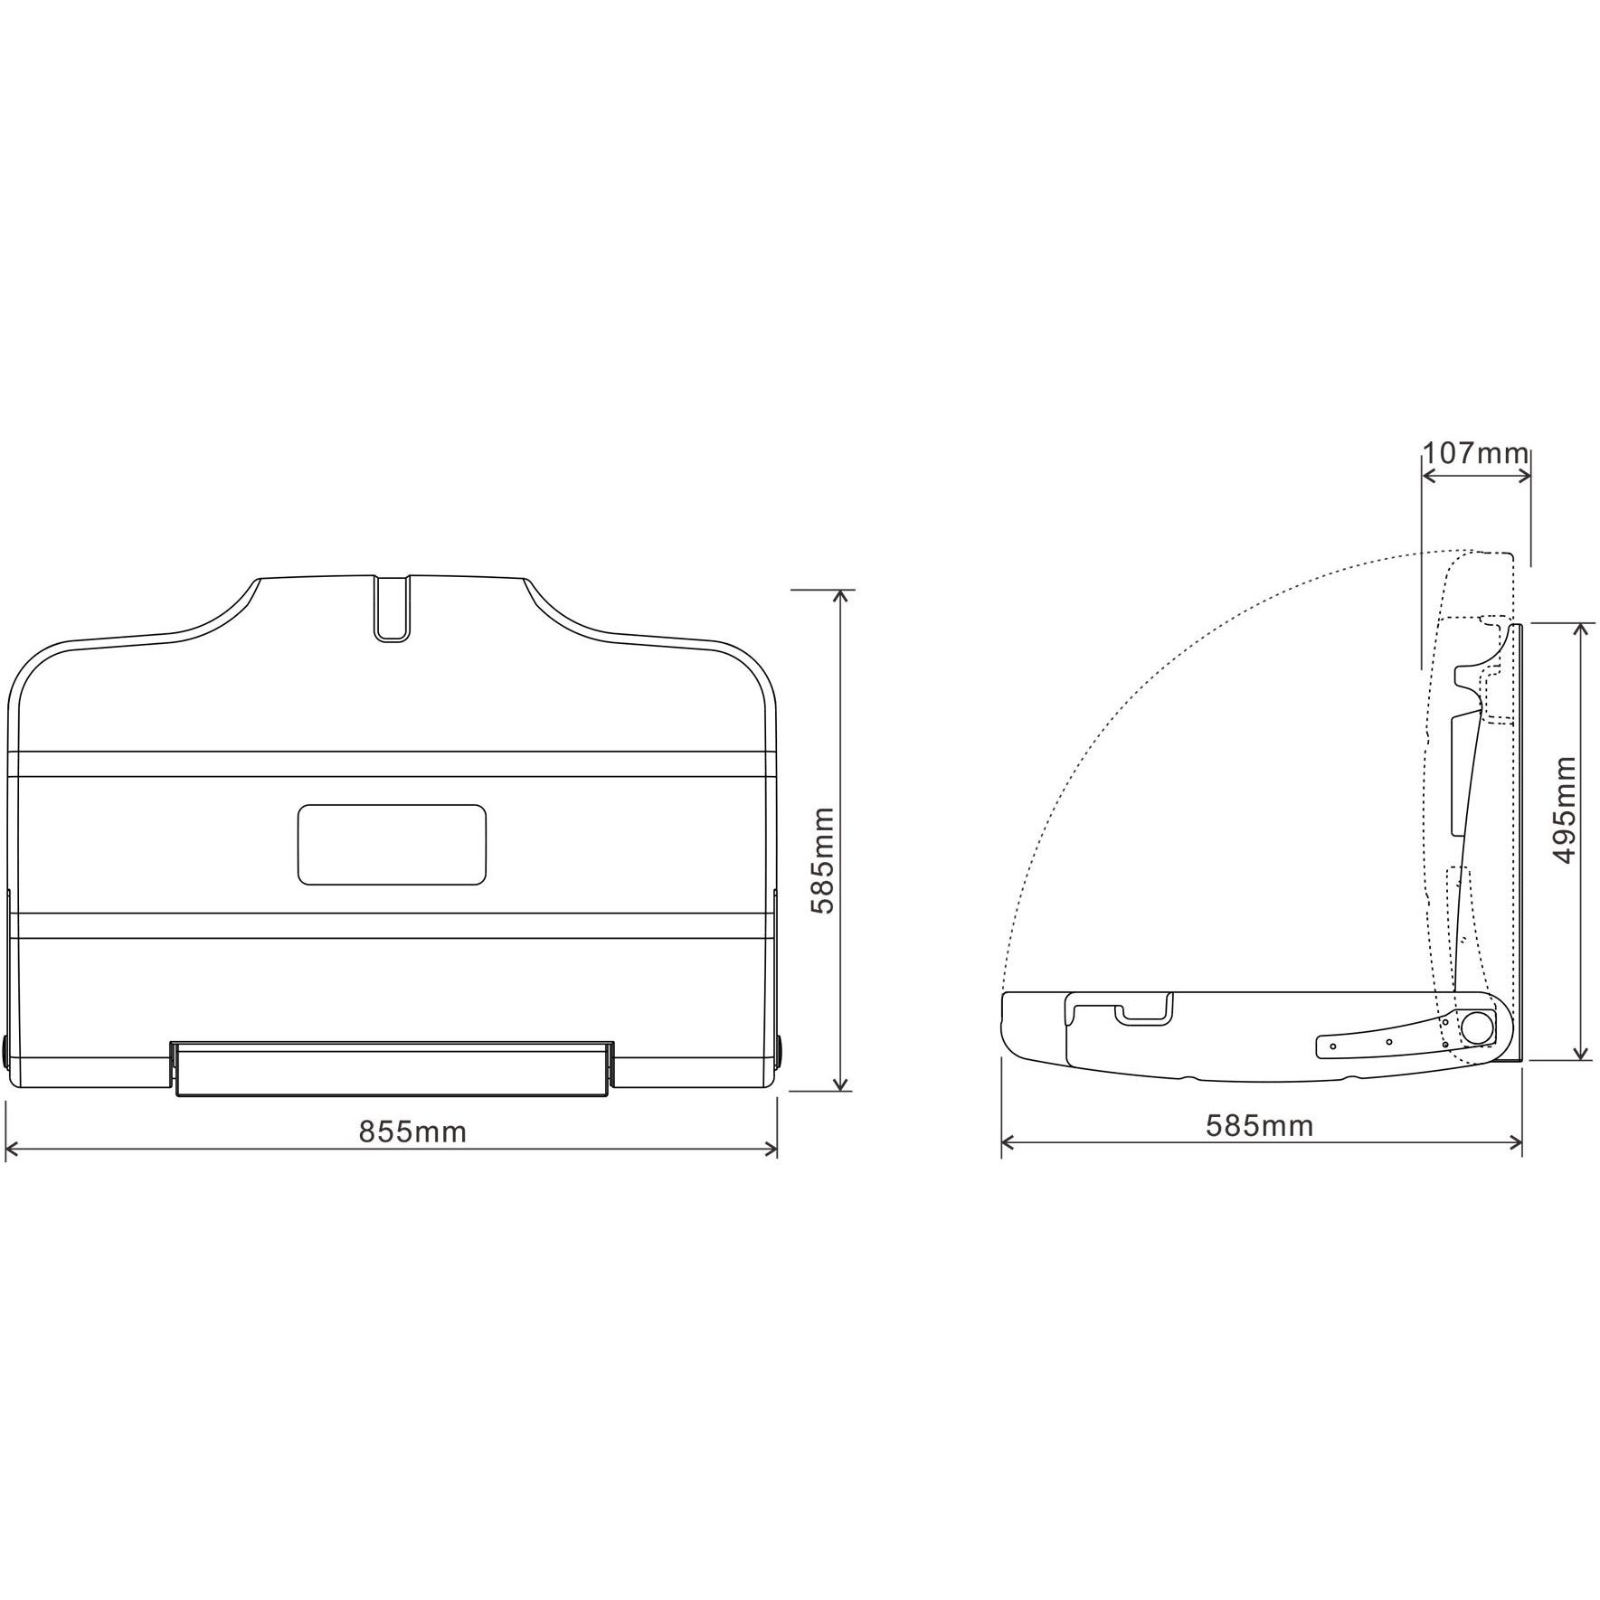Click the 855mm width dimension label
[x=412, y=1131]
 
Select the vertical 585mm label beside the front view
[x=822, y=860]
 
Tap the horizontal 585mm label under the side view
[x=1259, y=1125]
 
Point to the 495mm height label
[x=1564, y=809]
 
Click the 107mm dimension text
[x=1476, y=453]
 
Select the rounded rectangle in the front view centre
[x=392, y=845]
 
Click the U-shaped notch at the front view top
[x=392, y=608]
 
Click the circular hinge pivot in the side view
[x=1478, y=1029]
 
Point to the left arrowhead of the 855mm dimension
[x=12, y=1150]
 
